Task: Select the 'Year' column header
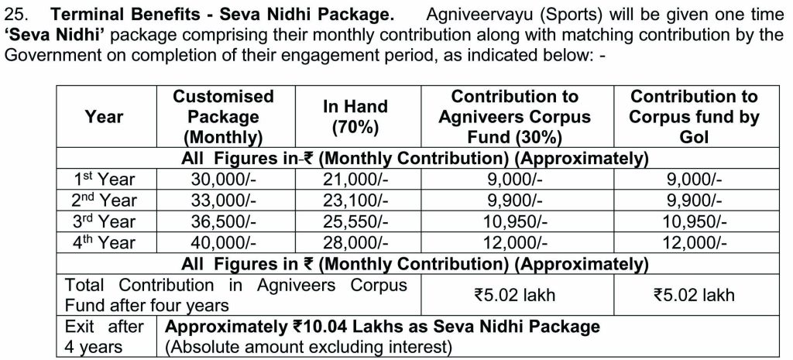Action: tap(105, 117)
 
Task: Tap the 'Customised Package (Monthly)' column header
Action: tap(223, 117)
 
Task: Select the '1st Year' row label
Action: tap(105, 180)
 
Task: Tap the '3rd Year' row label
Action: tap(105, 221)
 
